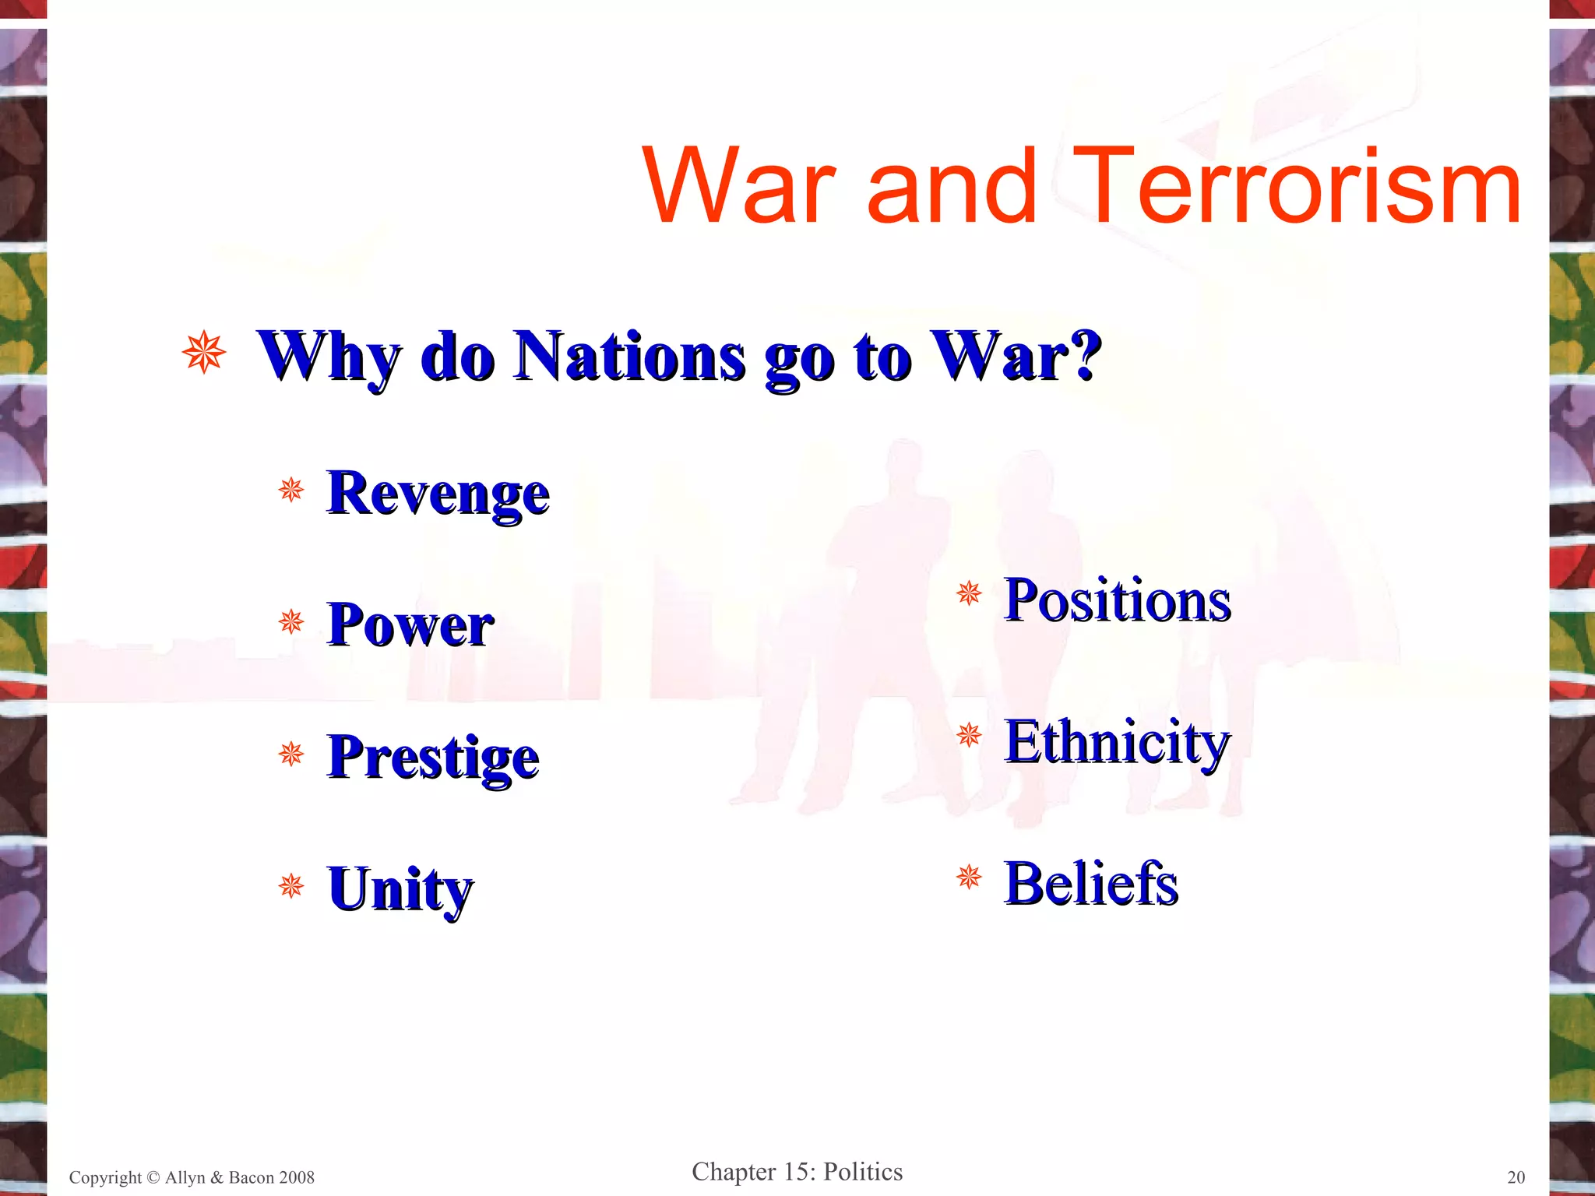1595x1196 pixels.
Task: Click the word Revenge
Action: (438, 493)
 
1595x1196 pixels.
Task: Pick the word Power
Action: (410, 624)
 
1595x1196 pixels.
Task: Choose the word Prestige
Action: (433, 757)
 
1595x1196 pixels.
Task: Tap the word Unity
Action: (400, 888)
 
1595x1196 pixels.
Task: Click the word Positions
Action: (1118, 600)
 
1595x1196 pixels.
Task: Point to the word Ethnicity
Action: (1118, 742)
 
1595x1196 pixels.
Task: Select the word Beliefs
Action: (1091, 884)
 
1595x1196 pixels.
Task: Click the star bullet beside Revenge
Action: (291, 490)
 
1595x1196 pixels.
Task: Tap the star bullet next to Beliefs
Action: (970, 878)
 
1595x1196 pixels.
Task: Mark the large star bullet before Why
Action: (204, 352)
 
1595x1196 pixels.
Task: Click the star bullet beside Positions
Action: (970, 594)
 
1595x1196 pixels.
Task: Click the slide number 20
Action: (1516, 1177)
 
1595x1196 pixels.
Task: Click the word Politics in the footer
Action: (863, 1172)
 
